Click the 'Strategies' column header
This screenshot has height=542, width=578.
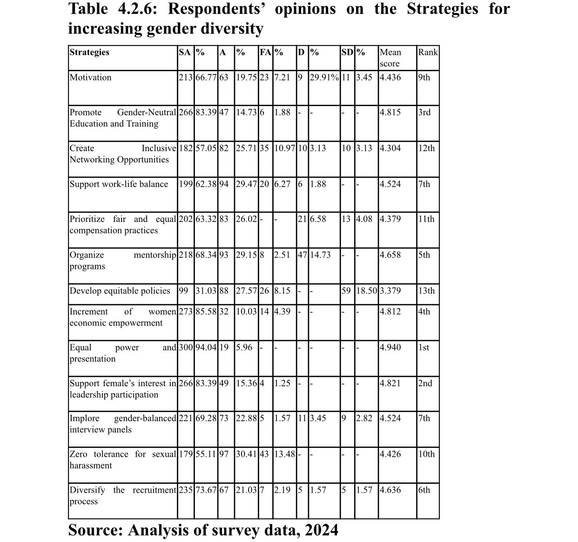[89, 52]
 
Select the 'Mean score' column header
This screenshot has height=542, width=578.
[390, 58]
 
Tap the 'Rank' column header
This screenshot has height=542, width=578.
[428, 52]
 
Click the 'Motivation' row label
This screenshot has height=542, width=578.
[91, 78]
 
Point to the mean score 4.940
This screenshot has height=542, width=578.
[390, 348]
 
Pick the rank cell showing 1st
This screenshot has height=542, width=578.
[424, 348]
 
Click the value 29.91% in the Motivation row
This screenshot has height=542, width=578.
[324, 78]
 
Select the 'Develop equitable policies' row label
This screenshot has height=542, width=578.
[120, 291]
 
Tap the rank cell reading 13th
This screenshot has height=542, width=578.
[426, 291]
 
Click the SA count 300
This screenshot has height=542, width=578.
[186, 348]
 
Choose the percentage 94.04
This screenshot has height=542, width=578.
[206, 348]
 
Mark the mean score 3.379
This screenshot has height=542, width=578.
[390, 291]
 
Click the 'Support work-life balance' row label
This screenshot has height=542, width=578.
[119, 184]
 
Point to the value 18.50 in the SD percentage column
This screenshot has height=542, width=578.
[367, 291]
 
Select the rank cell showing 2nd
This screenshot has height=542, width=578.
[425, 383]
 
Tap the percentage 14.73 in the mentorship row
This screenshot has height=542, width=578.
[320, 255]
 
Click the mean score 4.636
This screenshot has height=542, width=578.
[390, 490]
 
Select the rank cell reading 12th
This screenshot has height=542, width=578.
[426, 148]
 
